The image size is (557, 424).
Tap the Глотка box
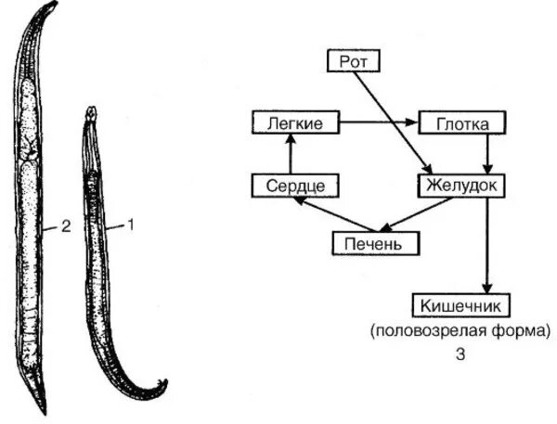(460, 122)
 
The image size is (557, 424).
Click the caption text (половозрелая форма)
(460, 329)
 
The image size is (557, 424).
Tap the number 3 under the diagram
(461, 353)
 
